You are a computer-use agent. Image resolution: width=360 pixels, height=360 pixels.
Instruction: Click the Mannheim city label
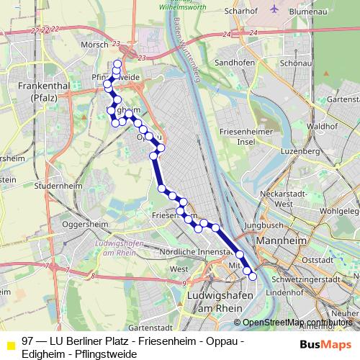pyautogui.click(x=282, y=240)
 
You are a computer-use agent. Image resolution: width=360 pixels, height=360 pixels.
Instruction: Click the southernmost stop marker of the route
pyautogui.click(x=252, y=276)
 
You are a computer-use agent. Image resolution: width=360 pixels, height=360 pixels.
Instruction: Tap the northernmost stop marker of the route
pyautogui.click(x=118, y=64)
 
